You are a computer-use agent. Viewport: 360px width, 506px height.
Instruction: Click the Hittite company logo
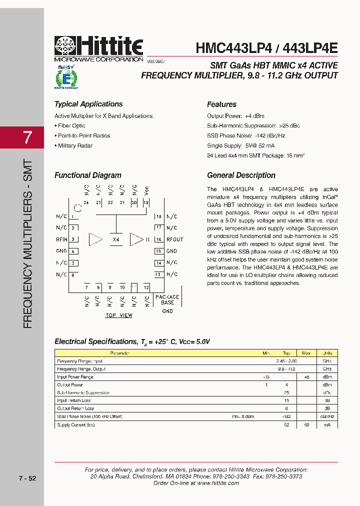pyautogui.click(x=98, y=49)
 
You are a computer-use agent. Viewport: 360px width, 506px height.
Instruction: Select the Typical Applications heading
pyautogui.click(x=88, y=104)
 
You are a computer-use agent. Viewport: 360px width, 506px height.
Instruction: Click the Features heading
pyautogui.click(x=221, y=104)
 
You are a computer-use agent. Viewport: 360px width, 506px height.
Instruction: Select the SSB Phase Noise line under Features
pyautogui.click(x=246, y=135)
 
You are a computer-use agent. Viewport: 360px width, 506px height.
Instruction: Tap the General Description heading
pyautogui.click(x=241, y=175)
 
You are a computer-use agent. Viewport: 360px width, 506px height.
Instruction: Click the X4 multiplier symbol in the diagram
pyautogui.click(x=116, y=239)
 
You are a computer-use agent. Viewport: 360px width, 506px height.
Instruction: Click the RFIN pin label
pyautogui.click(x=61, y=239)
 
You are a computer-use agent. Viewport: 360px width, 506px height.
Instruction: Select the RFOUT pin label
pyautogui.click(x=175, y=239)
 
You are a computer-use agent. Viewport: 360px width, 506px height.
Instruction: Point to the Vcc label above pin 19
pyautogui.click(x=146, y=190)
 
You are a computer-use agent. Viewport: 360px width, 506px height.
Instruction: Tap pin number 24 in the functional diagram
pyautogui.click(x=86, y=202)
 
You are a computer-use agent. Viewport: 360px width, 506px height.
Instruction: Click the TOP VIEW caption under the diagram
pyautogui.click(x=119, y=315)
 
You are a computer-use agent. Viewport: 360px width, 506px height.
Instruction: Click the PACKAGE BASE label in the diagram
pyautogui.click(x=167, y=299)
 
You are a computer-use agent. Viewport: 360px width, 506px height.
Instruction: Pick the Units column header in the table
pyautogui.click(x=327, y=353)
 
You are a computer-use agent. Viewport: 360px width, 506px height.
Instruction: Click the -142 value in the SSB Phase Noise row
pyautogui.click(x=286, y=416)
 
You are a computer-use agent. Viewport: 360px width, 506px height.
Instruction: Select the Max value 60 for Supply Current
pyautogui.click(x=306, y=424)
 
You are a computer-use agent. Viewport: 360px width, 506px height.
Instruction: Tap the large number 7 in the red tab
pyautogui.click(x=27, y=137)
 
